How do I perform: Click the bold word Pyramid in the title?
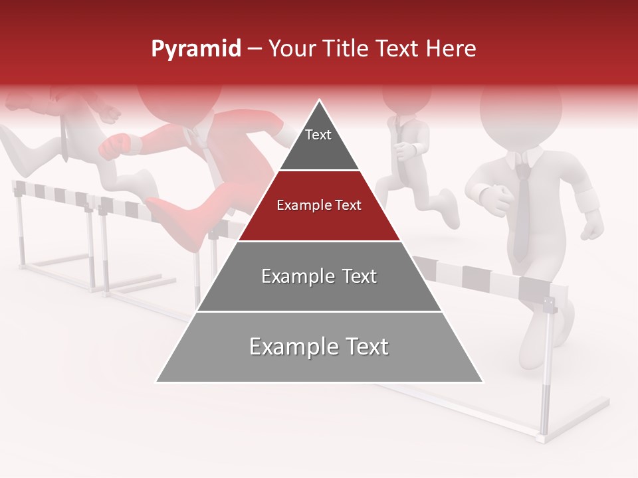[195, 49]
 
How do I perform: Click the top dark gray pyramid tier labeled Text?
[318, 143]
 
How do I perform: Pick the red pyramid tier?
[319, 207]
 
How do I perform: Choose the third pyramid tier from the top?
[319, 277]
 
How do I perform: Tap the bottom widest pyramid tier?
[319, 347]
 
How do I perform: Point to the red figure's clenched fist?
[114, 145]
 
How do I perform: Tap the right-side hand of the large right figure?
[591, 230]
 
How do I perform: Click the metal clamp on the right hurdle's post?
[549, 305]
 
